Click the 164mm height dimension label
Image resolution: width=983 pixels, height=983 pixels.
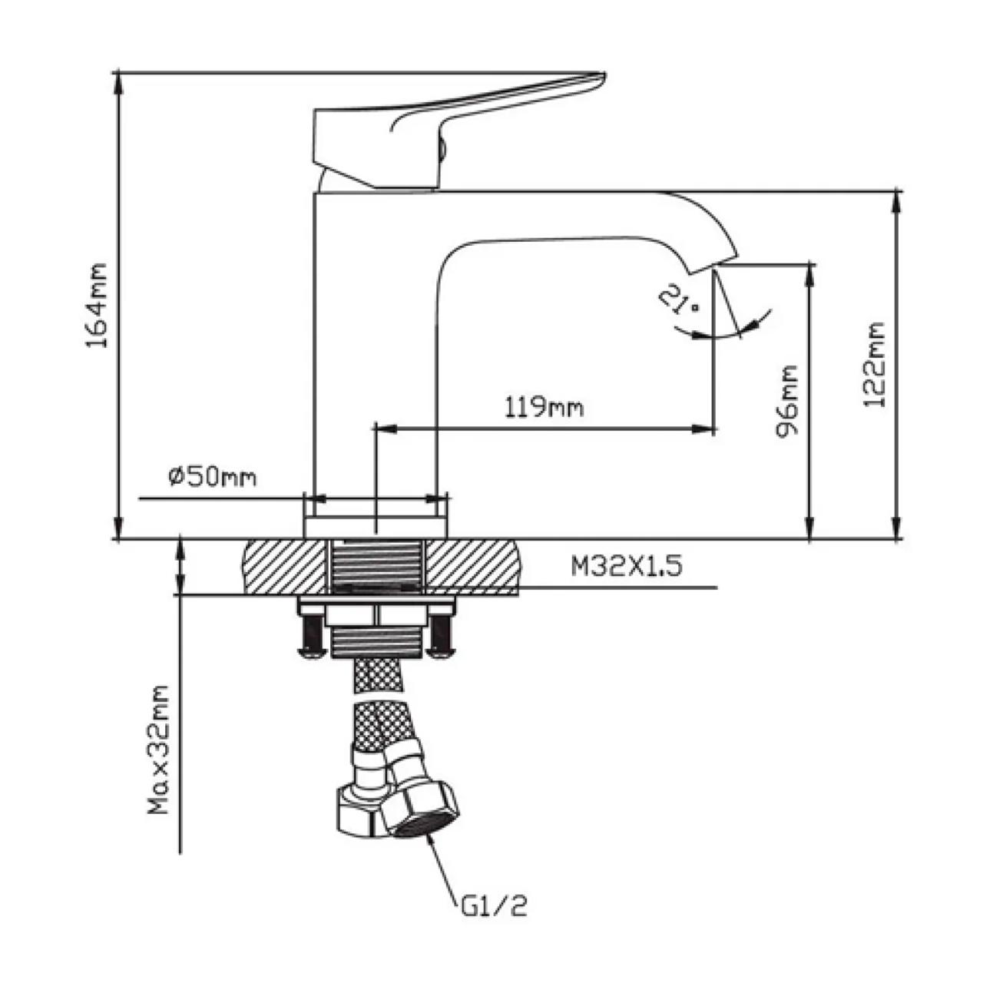click(x=97, y=305)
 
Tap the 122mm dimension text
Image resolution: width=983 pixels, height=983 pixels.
click(x=873, y=364)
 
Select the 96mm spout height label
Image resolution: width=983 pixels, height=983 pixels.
click(x=786, y=401)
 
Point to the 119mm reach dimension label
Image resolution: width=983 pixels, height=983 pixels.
click(x=544, y=408)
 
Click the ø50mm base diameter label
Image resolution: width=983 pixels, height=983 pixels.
click(x=212, y=477)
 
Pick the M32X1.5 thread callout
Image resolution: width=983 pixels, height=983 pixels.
click(x=626, y=566)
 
